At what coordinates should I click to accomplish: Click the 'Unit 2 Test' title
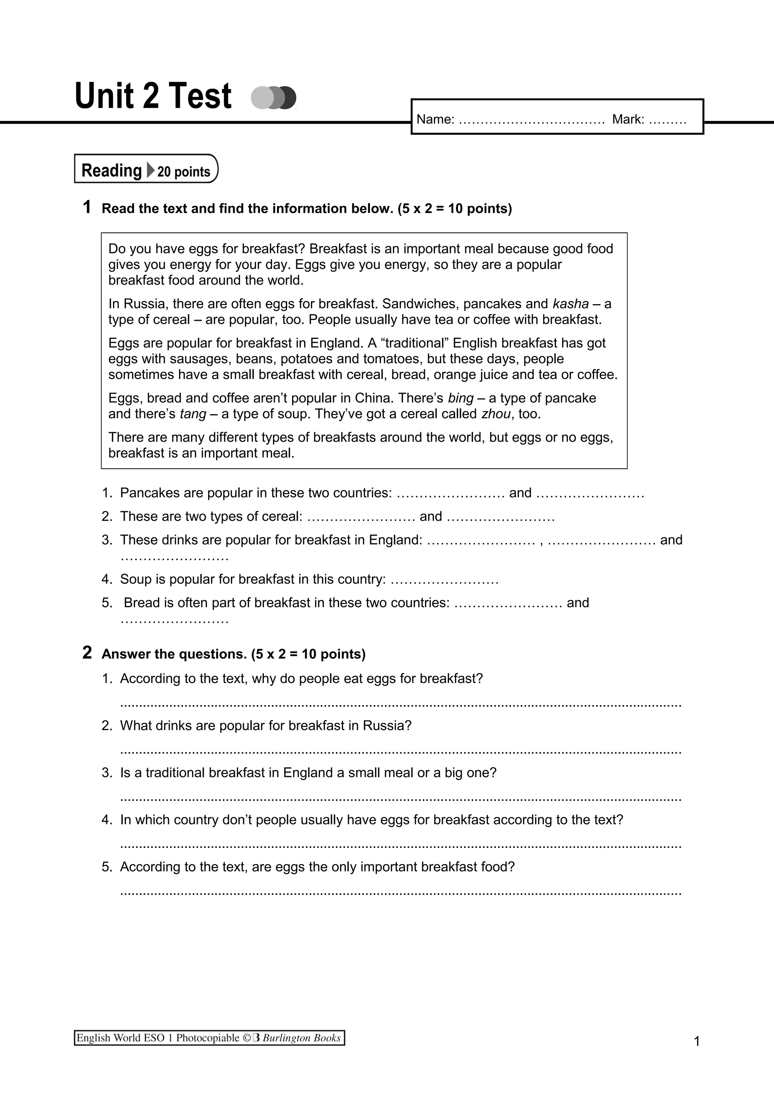[x=153, y=96]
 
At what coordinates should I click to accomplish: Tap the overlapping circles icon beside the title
[x=273, y=98]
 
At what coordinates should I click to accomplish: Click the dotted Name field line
[x=531, y=120]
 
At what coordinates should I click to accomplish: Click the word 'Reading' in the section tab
[x=111, y=170]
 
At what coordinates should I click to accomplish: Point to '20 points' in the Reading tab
[x=184, y=172]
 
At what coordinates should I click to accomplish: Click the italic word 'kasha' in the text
[x=570, y=304]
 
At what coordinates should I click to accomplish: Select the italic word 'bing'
[x=461, y=398]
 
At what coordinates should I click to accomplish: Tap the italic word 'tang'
[x=193, y=414]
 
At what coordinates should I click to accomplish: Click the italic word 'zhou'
[x=496, y=414]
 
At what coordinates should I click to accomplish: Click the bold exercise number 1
[x=87, y=207]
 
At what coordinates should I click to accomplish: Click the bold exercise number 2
[x=87, y=653]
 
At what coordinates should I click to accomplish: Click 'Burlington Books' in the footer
[x=301, y=1038]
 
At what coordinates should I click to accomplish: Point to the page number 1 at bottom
[x=697, y=1041]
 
